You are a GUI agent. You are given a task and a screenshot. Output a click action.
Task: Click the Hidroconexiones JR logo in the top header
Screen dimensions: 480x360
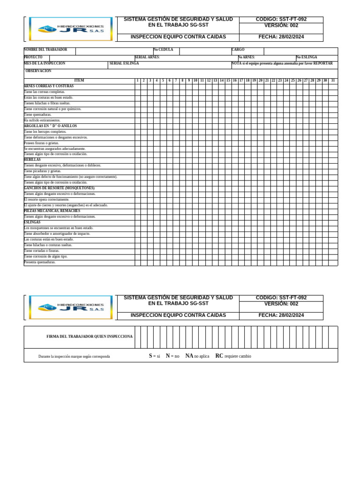(x=70, y=29)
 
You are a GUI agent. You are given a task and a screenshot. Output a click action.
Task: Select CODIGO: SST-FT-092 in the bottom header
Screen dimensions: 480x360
(x=281, y=298)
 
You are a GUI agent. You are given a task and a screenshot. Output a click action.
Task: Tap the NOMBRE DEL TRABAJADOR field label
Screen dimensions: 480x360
(x=45, y=50)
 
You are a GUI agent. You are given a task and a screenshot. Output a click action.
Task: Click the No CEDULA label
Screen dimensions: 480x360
(x=163, y=50)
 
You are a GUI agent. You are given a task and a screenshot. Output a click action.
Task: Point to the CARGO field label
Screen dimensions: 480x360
(x=238, y=50)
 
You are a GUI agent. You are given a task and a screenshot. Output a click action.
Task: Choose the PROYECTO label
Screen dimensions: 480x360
(x=33, y=57)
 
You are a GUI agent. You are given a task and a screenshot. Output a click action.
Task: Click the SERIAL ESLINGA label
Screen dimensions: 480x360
(x=124, y=63)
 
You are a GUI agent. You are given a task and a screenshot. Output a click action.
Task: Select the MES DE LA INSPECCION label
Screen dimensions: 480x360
(x=45, y=63)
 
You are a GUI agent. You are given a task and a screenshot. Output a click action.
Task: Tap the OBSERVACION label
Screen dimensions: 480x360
(x=38, y=71)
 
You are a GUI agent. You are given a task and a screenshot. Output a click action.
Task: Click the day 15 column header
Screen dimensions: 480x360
(x=228, y=81)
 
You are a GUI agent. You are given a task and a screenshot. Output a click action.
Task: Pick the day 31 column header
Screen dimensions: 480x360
(x=333, y=81)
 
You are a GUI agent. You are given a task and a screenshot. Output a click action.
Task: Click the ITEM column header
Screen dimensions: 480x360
(x=79, y=81)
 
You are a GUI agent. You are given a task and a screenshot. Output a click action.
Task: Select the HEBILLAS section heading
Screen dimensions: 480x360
(x=32, y=160)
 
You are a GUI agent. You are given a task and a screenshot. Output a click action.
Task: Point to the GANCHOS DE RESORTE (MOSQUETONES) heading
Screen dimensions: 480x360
(x=59, y=188)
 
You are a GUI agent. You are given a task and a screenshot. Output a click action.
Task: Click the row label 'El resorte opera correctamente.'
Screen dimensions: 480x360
(x=46, y=200)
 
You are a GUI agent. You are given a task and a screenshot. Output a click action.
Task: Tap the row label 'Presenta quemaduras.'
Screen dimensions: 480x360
(x=40, y=262)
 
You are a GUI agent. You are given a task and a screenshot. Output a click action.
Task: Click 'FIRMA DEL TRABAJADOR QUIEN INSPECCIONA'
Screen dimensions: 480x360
(x=90, y=337)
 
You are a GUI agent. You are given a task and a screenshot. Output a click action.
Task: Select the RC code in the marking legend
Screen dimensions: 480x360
(x=219, y=356)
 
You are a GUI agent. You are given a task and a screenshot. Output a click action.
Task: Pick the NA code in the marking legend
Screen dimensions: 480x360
(x=189, y=356)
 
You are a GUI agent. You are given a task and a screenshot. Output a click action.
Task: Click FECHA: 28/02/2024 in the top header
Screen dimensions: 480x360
(x=281, y=37)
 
